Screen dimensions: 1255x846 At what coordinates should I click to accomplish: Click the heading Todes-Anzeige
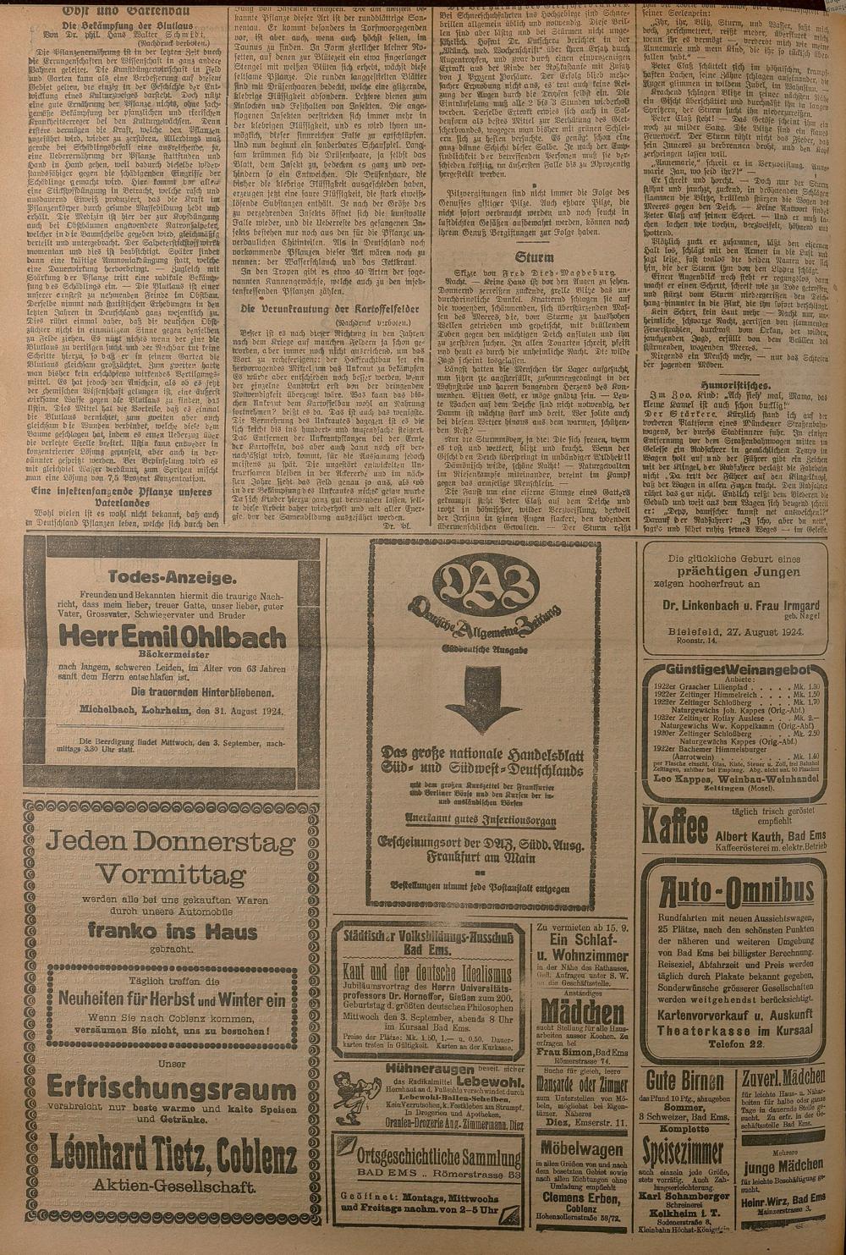(172, 577)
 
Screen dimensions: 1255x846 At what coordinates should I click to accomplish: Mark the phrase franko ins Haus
(172, 932)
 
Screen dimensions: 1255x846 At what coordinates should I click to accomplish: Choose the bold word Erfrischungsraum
(171, 1084)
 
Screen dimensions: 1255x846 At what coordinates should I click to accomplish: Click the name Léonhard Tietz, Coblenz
(172, 1152)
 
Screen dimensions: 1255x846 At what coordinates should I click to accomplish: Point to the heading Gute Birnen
(686, 1080)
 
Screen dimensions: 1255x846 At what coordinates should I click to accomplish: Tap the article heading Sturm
(535, 256)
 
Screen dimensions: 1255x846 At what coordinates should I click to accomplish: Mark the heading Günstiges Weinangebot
(733, 670)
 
